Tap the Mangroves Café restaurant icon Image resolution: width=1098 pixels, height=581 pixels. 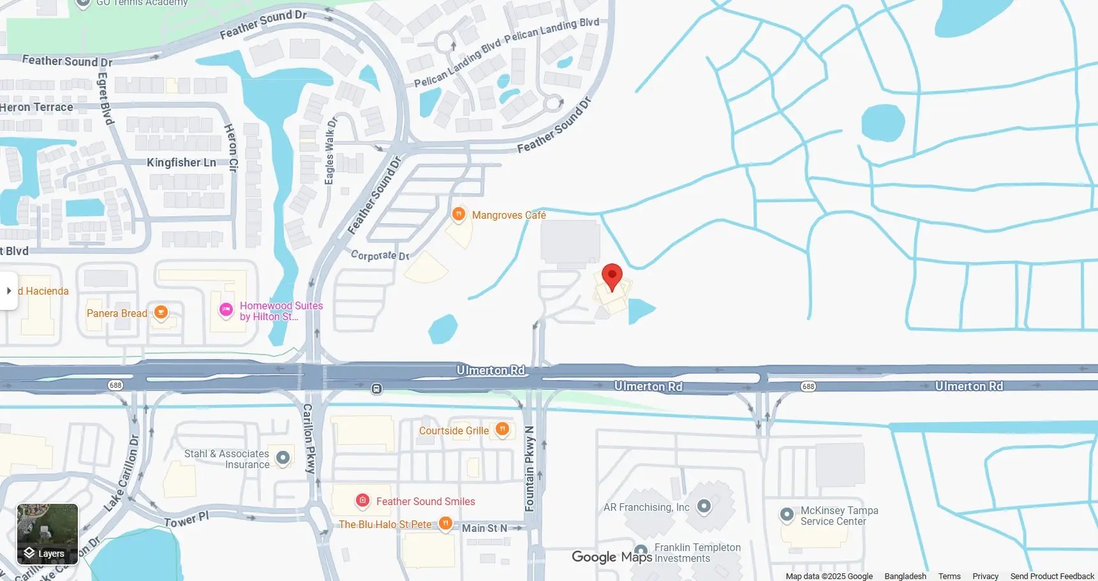[x=458, y=214]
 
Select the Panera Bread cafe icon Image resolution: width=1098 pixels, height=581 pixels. [x=161, y=313]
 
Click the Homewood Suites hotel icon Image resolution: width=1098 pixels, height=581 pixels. [x=226, y=310]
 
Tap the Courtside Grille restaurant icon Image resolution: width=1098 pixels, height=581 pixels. [x=502, y=429]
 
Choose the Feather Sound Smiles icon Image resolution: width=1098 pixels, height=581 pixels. [x=362, y=501]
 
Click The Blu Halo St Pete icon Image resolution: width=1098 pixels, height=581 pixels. [x=445, y=524]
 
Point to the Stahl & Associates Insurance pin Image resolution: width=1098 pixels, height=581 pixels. [x=283, y=457]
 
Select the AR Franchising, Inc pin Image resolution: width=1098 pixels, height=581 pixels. [x=704, y=506]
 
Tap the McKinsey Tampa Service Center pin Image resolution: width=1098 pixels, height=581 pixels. [x=787, y=514]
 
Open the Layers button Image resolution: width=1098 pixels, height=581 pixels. [x=47, y=534]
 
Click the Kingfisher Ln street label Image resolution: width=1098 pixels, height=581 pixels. [x=181, y=163]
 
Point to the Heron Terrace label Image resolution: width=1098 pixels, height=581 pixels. [x=37, y=107]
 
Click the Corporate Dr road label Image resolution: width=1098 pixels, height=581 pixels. [x=380, y=255]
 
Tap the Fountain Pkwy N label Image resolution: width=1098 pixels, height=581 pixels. [x=530, y=469]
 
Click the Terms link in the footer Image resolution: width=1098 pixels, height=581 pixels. [x=949, y=576]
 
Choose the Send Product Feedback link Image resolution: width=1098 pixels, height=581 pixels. [x=1051, y=576]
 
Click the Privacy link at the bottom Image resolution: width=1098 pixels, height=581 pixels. [x=985, y=576]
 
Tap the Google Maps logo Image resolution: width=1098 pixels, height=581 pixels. [x=611, y=557]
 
